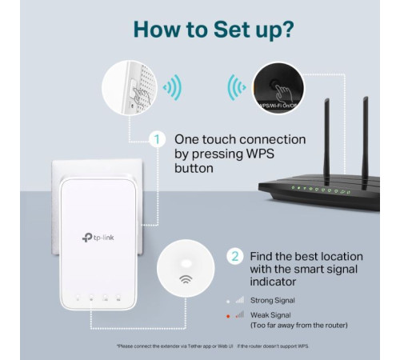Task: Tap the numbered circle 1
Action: (x=158, y=140)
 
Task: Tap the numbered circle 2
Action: (x=234, y=257)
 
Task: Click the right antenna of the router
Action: (x=365, y=136)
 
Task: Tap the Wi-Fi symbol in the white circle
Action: (x=185, y=280)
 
